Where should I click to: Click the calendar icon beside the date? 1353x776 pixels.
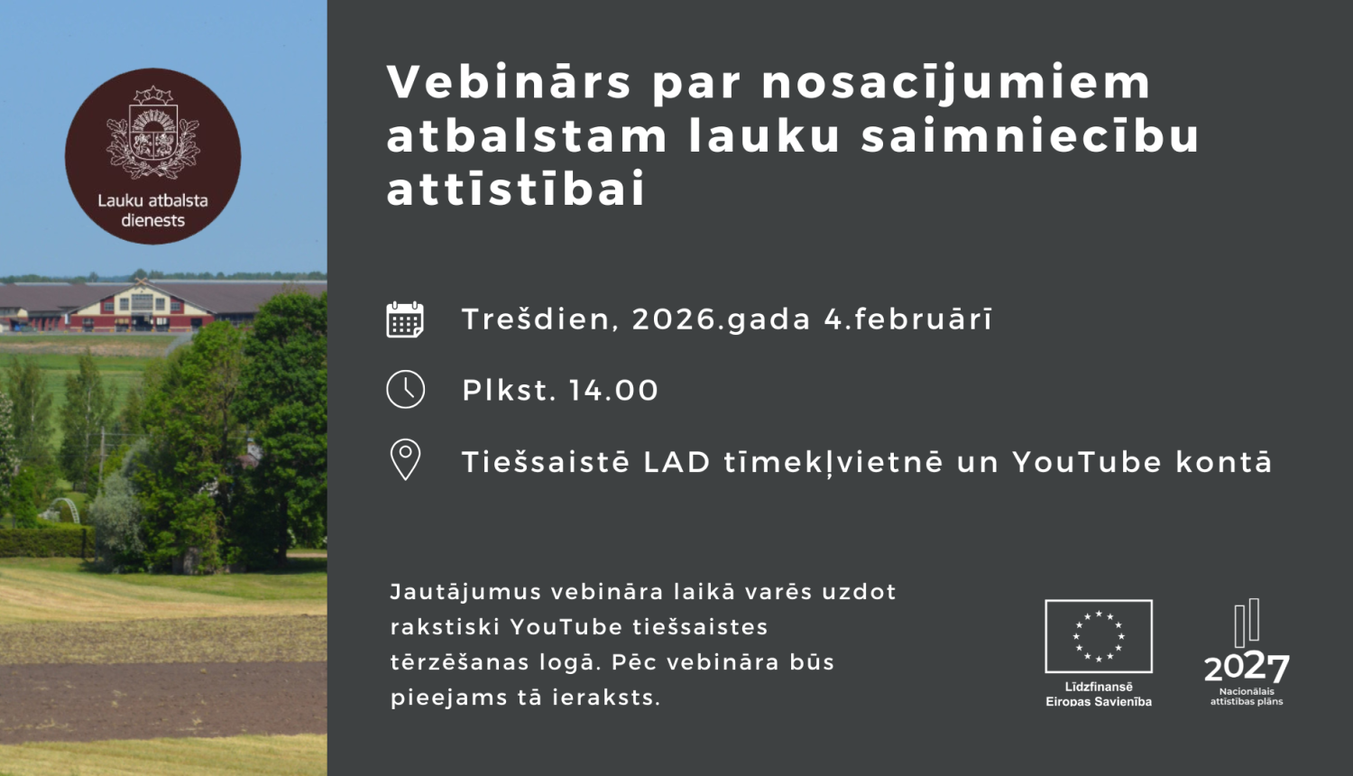pos(405,319)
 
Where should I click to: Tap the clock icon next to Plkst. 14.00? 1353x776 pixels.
pos(405,390)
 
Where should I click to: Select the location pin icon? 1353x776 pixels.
pos(405,459)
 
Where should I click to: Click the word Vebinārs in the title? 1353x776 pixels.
pos(510,83)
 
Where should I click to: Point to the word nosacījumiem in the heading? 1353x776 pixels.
pos(956,83)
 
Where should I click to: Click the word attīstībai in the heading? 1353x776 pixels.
pos(517,189)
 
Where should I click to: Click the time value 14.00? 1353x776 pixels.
pos(613,391)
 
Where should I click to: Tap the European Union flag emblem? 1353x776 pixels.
pos(1099,636)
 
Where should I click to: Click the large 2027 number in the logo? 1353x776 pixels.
pos(1247,668)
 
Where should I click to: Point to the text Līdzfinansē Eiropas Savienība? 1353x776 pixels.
pos(1099,694)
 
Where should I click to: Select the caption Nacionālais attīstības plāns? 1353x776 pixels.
pos(1247,697)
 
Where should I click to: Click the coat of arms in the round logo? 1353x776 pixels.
pos(152,134)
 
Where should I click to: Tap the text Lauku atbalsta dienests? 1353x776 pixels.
pos(152,210)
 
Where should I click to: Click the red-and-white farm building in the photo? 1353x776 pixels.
pos(140,305)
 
